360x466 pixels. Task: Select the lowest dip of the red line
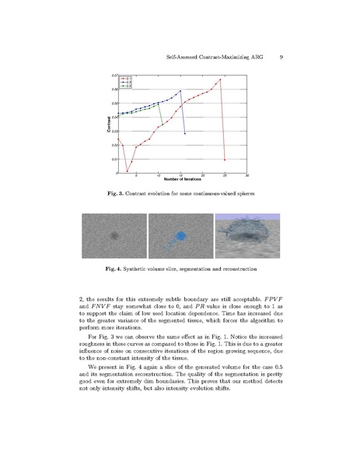click(x=127, y=171)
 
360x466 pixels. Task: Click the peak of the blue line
click(x=180, y=90)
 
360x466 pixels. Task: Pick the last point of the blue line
click(x=185, y=133)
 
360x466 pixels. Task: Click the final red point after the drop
click(x=225, y=159)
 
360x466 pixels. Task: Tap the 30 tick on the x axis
click(x=246, y=175)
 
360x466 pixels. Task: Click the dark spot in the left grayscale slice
click(x=114, y=234)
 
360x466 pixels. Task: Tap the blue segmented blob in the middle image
click(x=180, y=234)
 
